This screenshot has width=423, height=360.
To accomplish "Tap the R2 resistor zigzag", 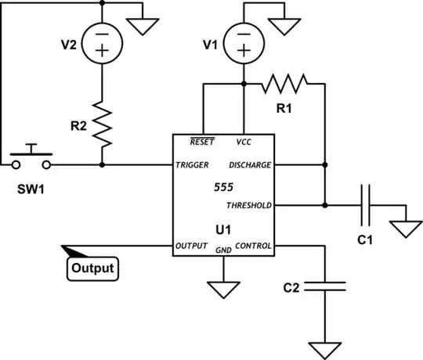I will pyautogui.click(x=103, y=122).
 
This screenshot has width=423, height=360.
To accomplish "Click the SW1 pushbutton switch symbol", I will pyautogui.click(x=32, y=157).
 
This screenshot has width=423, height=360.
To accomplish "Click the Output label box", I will pyautogui.click(x=92, y=269).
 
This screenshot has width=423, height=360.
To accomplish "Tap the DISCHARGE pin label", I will pyautogui.click(x=250, y=165).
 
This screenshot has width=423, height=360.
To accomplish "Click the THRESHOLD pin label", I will pyautogui.click(x=248, y=205).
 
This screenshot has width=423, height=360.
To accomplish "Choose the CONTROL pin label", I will pyautogui.click(x=253, y=246).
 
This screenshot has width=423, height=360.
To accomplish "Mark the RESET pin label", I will pyautogui.click(x=203, y=142).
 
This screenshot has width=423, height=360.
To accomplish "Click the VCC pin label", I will pyautogui.click(x=244, y=142).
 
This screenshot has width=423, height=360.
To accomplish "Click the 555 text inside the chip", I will pyautogui.click(x=224, y=188).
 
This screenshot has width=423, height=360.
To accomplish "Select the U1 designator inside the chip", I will pyautogui.click(x=224, y=231).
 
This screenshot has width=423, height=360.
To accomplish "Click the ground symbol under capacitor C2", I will pyautogui.click(x=323, y=347).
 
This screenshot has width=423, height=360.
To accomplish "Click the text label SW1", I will pyautogui.click(x=29, y=189).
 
